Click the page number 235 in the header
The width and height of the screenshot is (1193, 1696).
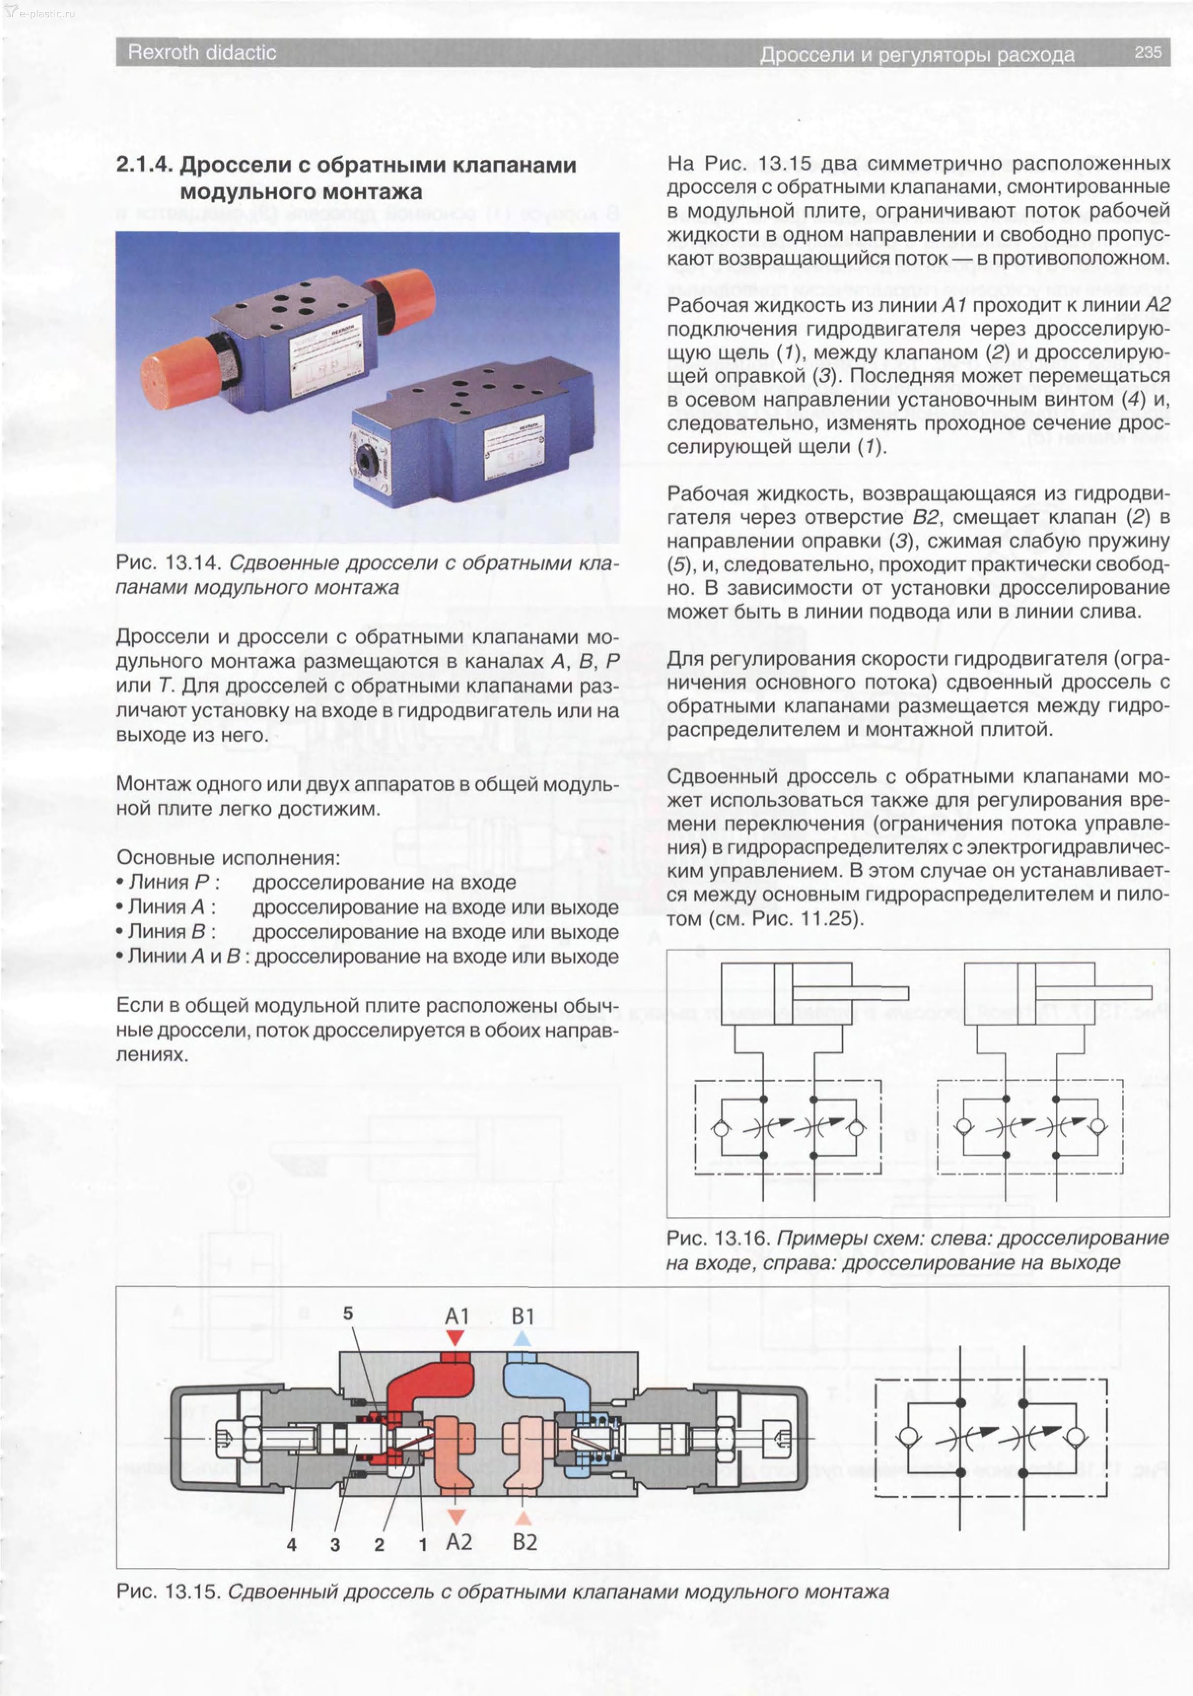[x=1148, y=52]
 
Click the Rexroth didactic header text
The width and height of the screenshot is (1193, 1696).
[x=202, y=52]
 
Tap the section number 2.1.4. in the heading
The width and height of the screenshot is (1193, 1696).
[x=145, y=165]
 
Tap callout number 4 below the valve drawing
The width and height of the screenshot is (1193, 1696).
[x=292, y=1545]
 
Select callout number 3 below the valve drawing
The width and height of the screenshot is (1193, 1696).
[x=335, y=1545]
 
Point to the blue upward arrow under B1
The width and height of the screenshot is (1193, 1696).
[x=522, y=1338]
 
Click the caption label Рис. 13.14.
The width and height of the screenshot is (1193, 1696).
[x=169, y=563]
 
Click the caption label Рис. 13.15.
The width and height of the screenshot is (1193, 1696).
[x=169, y=1591]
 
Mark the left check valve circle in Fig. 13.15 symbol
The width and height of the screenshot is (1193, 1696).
[x=908, y=1437]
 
